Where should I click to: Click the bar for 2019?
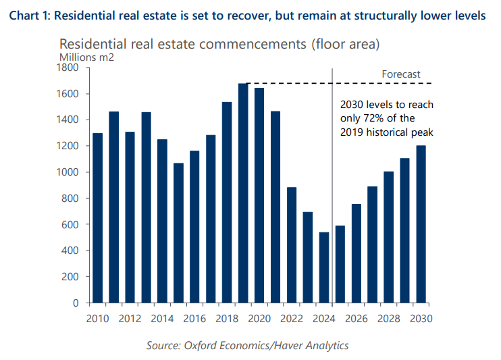244,193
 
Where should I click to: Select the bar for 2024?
325,267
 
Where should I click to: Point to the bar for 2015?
179,233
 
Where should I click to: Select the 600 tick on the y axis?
72,225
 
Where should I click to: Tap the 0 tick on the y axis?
78,303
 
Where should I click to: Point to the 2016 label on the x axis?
195,317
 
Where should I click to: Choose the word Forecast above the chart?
401,74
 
